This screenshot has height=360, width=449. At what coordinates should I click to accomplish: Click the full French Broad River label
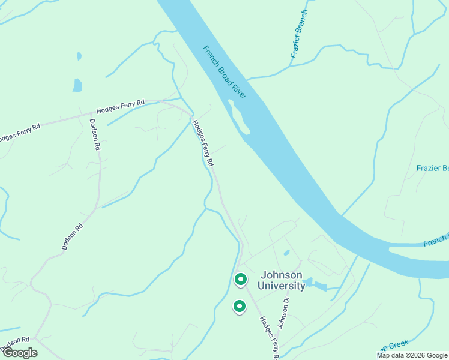pos(229,71)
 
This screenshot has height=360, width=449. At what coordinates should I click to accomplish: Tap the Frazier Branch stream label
pos(299,34)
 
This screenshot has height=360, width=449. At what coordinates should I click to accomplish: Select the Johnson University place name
pos(282,280)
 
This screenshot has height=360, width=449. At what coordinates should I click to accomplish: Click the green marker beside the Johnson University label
pos(241,280)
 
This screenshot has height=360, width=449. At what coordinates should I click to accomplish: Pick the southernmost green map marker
pos(239,307)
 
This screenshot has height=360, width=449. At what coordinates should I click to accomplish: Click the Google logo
pos(19,352)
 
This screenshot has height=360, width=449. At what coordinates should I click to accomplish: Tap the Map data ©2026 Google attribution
pos(412,355)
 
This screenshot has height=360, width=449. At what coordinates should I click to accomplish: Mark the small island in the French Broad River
pos(239,116)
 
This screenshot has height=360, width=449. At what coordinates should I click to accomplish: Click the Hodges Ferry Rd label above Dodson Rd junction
pos(121,106)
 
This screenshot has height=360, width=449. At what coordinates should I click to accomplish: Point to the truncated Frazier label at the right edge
pos(432,169)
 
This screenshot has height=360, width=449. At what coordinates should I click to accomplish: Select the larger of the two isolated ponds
pos(77,85)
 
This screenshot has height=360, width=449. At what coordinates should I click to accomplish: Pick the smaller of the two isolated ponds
pos(79,56)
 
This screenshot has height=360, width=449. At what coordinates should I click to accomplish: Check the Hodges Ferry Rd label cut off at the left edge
pos(19,132)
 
